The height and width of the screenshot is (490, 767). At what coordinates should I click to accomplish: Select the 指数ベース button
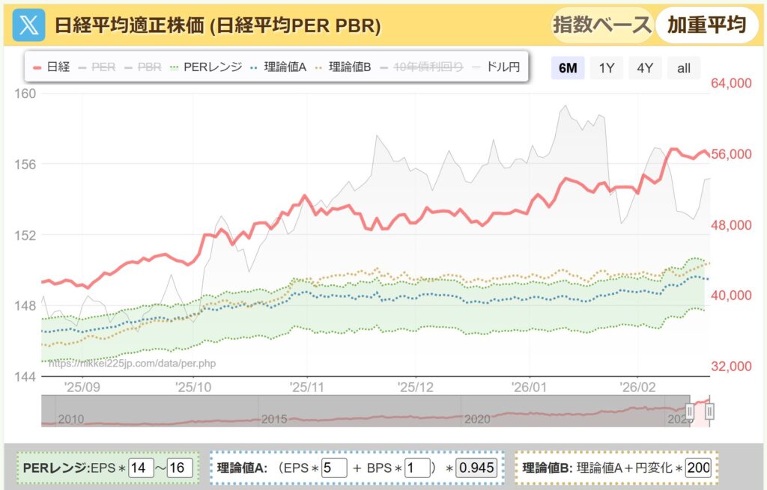pos(601,25)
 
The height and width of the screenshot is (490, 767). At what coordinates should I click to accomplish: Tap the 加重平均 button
pos(706,25)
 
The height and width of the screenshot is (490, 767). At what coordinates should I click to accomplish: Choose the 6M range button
pos(568,68)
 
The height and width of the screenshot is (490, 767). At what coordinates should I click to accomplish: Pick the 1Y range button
pos(607,68)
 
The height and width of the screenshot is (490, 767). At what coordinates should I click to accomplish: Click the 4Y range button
pos(645,68)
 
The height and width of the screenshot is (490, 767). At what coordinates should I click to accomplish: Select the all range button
pos(683,68)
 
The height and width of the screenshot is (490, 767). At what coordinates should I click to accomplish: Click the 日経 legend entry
pos(52,67)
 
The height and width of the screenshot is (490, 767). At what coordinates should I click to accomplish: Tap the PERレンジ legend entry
pos(206,67)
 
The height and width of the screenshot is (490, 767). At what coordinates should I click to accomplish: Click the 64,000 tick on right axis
pos(731,84)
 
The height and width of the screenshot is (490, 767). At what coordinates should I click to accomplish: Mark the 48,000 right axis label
pos(731,225)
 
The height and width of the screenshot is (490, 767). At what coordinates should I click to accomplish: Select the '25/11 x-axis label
pos(308,388)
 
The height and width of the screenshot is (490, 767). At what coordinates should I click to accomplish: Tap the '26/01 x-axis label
pos(530,388)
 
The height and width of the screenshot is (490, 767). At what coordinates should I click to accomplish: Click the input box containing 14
pos(139,468)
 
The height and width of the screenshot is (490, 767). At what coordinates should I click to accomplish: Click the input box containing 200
pos(698,468)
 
